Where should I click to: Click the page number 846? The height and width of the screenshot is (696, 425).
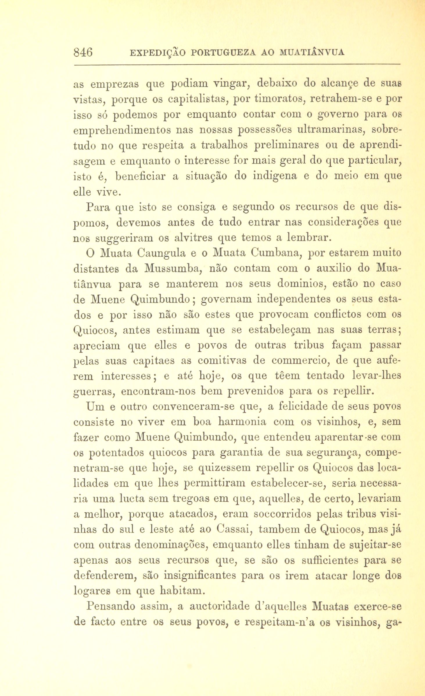click(83, 53)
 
